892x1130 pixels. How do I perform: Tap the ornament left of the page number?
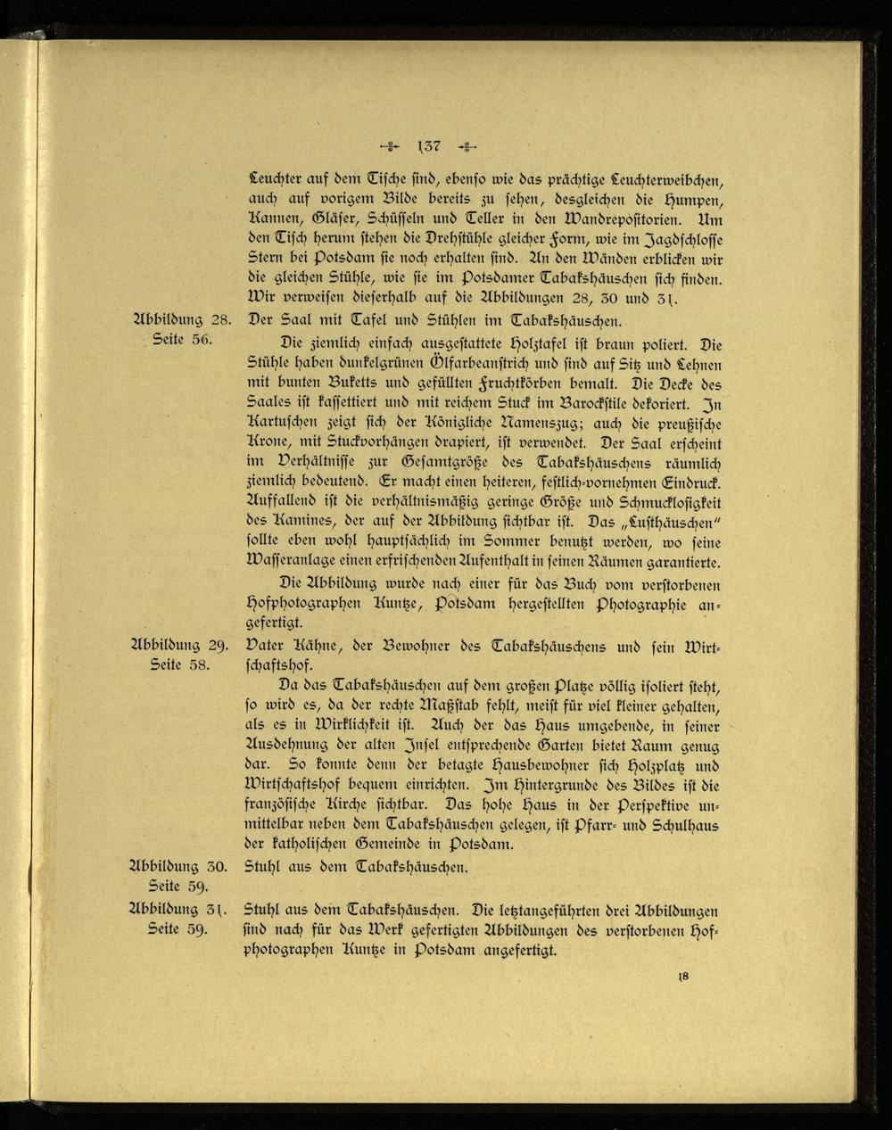pyautogui.click(x=390, y=147)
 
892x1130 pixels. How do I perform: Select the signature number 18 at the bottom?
pyautogui.click(x=683, y=977)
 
